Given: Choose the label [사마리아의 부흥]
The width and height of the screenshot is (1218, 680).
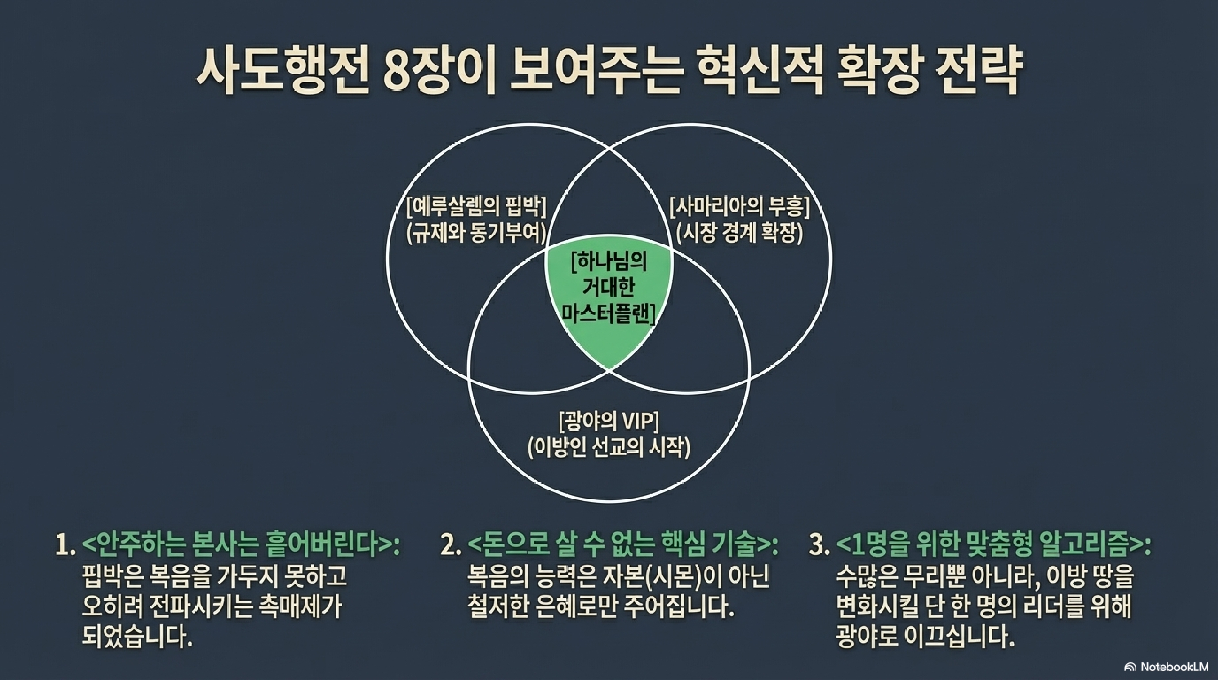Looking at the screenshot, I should click(740, 206).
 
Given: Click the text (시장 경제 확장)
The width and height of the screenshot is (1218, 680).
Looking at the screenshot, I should click(740, 232).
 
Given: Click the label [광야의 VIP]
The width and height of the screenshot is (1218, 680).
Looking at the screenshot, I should click(609, 421).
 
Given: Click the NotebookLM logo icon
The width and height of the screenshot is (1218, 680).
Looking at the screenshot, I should click(1130, 667).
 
